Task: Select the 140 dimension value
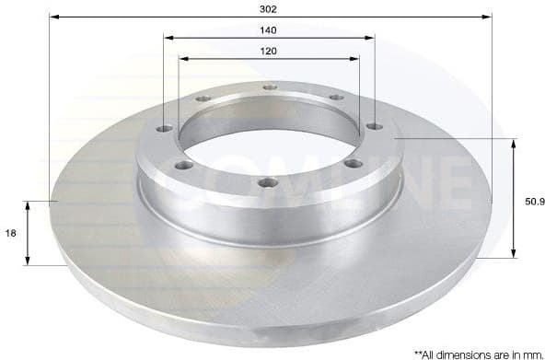[x=269, y=29]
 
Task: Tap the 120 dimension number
[x=269, y=51]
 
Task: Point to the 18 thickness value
[x=11, y=234]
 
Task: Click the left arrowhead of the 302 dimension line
[x=53, y=17]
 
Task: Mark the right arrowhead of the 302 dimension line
[x=489, y=17]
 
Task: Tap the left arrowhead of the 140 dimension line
[x=168, y=38]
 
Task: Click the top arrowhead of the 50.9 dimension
[x=513, y=143]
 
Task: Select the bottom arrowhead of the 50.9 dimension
[x=513, y=255]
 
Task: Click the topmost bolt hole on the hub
[x=270, y=87]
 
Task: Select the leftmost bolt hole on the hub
[x=165, y=129]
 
